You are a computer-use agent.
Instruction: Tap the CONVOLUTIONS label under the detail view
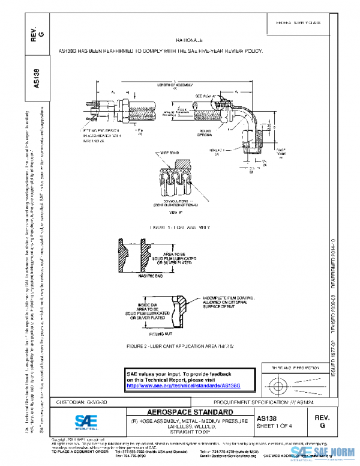tap(175, 201)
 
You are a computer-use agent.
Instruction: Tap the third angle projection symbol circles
tap(281, 383)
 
